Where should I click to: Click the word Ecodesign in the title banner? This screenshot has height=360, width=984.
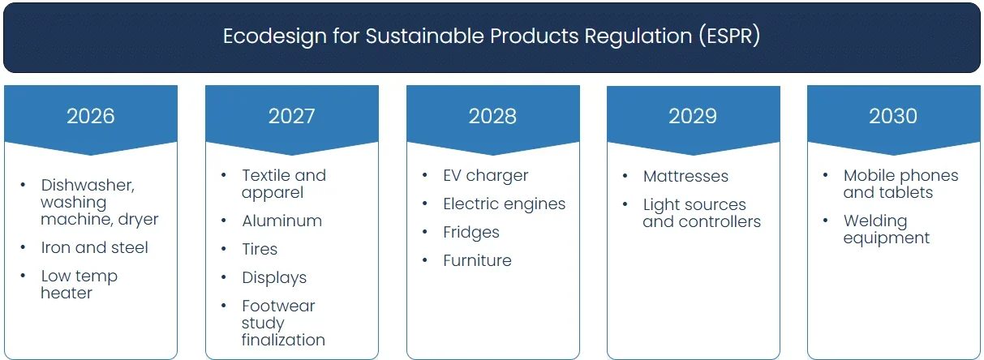pos(262,36)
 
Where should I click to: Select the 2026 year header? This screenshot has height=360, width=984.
pos(90,116)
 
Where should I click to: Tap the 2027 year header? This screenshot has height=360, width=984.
pos(291,116)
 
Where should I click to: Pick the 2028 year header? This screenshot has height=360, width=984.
pos(492,116)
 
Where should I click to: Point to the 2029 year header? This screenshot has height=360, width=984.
pos(693,116)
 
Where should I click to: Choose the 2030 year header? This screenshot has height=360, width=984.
pos(893,116)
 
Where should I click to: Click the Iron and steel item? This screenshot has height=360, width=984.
pos(94,247)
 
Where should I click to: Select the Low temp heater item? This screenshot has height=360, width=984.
pos(79,285)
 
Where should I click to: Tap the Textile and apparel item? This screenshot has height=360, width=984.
pos(283,183)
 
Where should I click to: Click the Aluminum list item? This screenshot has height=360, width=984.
pos(281,221)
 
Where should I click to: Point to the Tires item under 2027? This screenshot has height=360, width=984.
pos(260,249)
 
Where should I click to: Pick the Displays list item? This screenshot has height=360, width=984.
pos(274,277)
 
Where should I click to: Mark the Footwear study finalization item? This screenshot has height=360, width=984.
pos(282,323)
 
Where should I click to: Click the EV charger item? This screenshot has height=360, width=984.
pos(485,175)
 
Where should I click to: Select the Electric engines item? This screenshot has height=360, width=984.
pos(504,204)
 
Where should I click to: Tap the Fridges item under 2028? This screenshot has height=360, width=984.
pos(471,232)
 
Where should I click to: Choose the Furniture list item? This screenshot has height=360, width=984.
pos(477,260)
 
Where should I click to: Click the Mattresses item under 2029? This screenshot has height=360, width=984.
pos(685,176)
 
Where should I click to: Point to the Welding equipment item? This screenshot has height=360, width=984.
pos(886,229)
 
